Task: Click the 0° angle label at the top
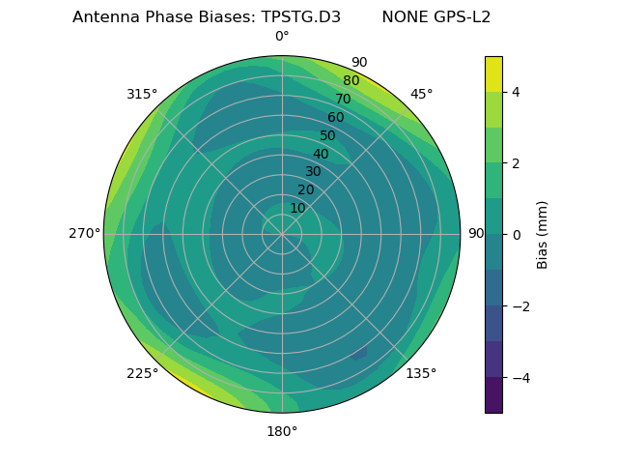pyautogui.click(x=282, y=37)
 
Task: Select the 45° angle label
pyautogui.click(x=421, y=94)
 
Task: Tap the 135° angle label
pyautogui.click(x=421, y=373)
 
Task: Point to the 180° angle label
pyautogui.click(x=282, y=431)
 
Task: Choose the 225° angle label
pyautogui.click(x=142, y=373)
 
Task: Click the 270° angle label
pyautogui.click(x=84, y=234)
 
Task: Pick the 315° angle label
pyautogui.click(x=142, y=94)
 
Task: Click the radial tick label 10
pyautogui.click(x=297, y=208)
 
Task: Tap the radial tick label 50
pyautogui.click(x=328, y=136)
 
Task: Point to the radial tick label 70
pyautogui.click(x=343, y=100)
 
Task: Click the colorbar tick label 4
pyautogui.click(x=517, y=92)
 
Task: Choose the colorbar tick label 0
pyautogui.click(x=517, y=235)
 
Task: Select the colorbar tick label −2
pyautogui.click(x=520, y=306)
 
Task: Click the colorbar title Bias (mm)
pyautogui.click(x=543, y=235)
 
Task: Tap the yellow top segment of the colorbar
pyautogui.click(x=493, y=73)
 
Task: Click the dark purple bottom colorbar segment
pyautogui.click(x=493, y=395)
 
